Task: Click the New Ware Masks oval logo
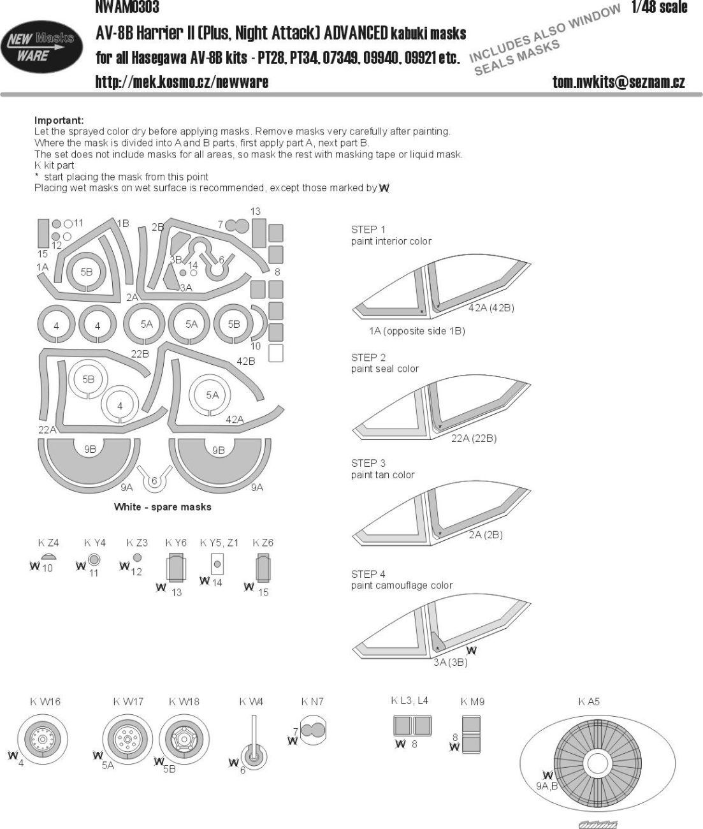(x=41, y=47)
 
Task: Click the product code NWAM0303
(x=127, y=8)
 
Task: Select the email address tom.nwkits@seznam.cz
(x=618, y=82)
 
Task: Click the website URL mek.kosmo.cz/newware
(x=182, y=82)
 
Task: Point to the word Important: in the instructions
(x=59, y=121)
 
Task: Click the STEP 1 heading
(x=368, y=230)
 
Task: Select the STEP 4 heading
(x=368, y=574)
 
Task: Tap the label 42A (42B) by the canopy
(x=491, y=308)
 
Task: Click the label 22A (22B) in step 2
(x=474, y=438)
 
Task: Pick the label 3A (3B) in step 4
(x=450, y=662)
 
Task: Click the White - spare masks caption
(x=163, y=507)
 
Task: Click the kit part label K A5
(x=589, y=701)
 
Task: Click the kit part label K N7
(x=312, y=701)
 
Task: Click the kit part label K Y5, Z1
(x=219, y=543)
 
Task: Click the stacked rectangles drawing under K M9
(x=471, y=734)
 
